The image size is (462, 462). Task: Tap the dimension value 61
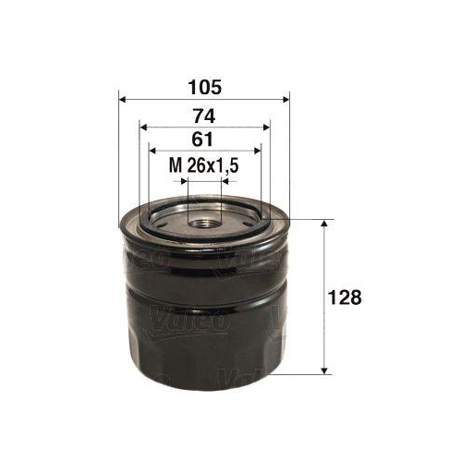pyautogui.click(x=203, y=140)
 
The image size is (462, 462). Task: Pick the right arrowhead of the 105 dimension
pyautogui.click(x=286, y=100)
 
